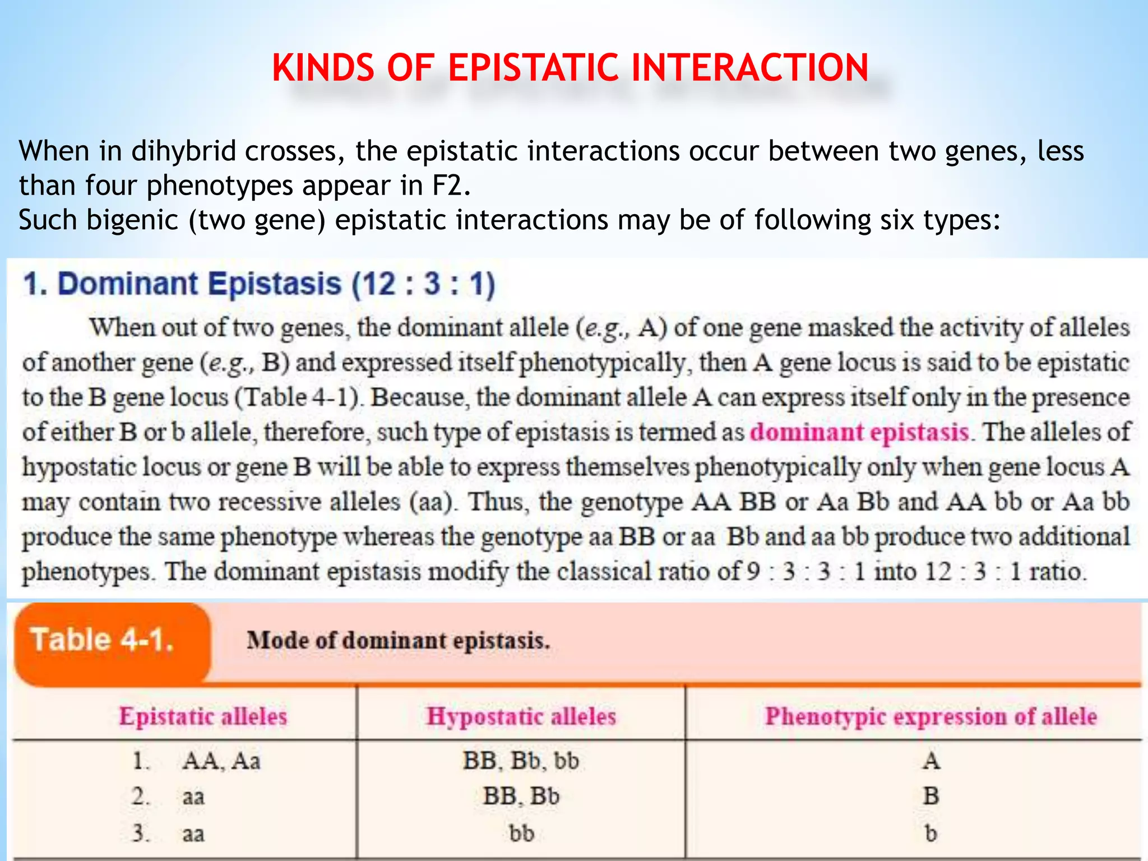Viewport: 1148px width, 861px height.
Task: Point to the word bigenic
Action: (132, 220)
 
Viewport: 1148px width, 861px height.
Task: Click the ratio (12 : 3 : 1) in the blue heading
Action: (423, 284)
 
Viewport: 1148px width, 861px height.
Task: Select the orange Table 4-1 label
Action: (103, 640)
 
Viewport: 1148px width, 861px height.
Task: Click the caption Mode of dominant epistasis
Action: (399, 640)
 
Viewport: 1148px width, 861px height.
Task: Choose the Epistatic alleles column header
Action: (203, 716)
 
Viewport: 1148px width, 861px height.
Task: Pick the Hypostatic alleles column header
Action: (521, 716)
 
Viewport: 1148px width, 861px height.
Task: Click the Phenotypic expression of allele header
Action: (931, 716)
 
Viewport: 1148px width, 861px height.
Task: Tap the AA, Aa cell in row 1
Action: (221, 761)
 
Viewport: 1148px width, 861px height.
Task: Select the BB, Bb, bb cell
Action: (521, 761)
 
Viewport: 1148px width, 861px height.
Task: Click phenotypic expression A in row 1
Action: (931, 761)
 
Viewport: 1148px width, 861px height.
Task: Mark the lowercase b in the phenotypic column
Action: (931, 833)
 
